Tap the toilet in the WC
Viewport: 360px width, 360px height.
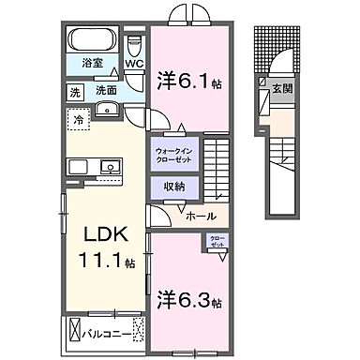point(134,45)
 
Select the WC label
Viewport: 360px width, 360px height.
point(134,65)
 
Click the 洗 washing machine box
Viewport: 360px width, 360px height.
point(75,92)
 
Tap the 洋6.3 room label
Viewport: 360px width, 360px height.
point(191,302)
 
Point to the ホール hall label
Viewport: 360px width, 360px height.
point(199,217)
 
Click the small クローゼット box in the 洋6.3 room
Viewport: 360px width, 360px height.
point(217,242)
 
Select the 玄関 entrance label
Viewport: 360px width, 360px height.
point(282,88)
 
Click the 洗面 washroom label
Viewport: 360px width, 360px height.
point(104,92)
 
